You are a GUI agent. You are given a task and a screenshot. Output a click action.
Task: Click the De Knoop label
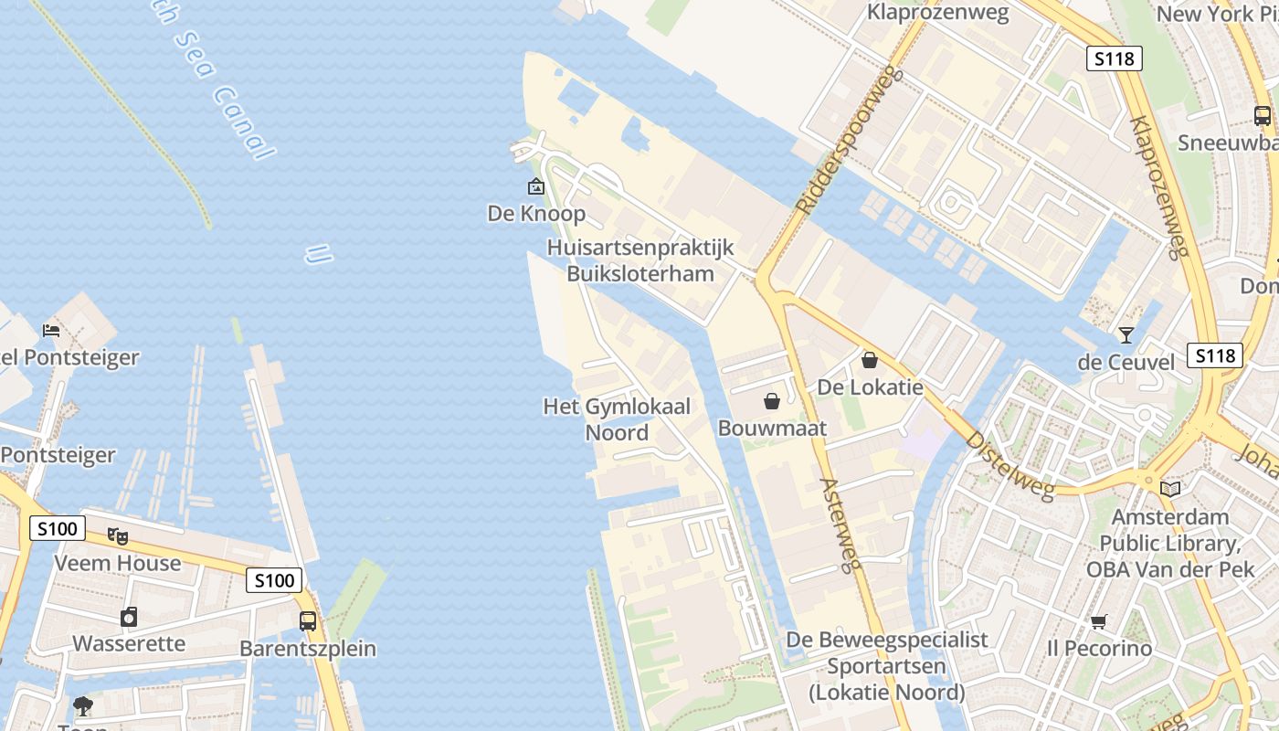(x=536, y=214)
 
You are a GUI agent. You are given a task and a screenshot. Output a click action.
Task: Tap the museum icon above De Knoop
(x=536, y=187)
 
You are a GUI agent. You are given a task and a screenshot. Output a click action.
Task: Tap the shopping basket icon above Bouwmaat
(x=772, y=401)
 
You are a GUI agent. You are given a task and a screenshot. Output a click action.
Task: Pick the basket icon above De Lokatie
(x=870, y=360)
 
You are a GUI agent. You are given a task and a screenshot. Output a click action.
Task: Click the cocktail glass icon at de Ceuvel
(x=1126, y=335)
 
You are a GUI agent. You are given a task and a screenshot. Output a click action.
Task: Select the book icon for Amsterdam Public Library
(x=1170, y=489)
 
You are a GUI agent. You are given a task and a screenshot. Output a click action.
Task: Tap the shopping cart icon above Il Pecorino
(x=1099, y=622)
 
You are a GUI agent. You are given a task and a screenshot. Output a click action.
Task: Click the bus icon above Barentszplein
(x=308, y=621)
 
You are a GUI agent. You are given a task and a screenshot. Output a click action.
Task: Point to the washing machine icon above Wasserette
(x=129, y=617)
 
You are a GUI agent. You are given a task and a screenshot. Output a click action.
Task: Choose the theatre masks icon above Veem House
(x=118, y=536)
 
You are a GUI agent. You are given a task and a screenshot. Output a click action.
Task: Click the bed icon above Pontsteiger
(x=51, y=330)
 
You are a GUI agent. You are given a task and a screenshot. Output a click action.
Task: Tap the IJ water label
(x=318, y=254)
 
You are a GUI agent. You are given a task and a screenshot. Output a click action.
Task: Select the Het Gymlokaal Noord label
(x=617, y=419)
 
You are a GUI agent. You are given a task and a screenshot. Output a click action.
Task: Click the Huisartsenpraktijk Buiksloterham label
(x=640, y=260)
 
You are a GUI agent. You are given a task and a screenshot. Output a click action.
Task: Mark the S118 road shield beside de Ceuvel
(x=1215, y=355)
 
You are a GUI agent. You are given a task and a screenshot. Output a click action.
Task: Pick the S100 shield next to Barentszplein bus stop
(x=274, y=580)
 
